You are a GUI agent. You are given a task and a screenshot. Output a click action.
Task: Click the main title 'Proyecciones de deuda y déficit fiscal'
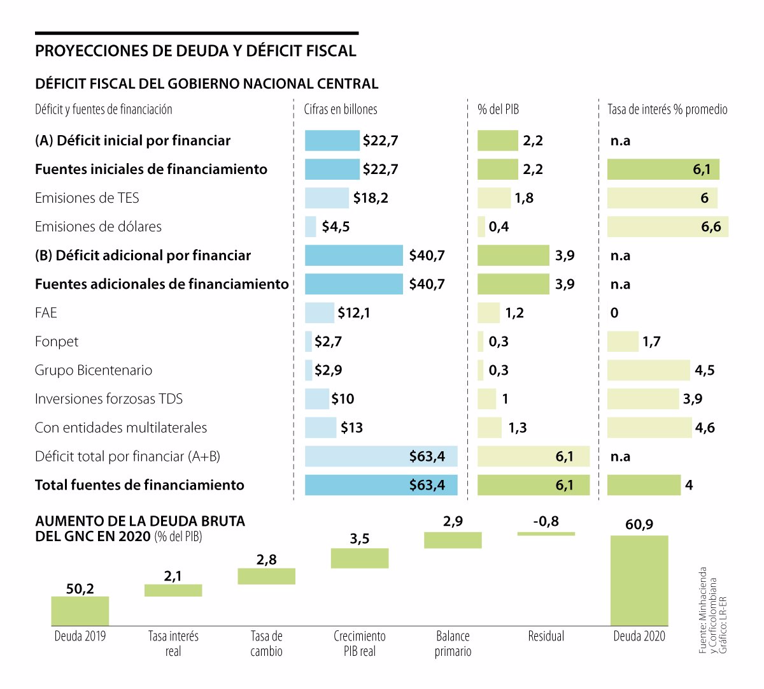tap(195, 51)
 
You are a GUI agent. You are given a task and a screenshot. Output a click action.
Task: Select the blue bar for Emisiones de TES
tap(327, 198)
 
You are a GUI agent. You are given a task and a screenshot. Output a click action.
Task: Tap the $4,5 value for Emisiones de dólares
tap(336, 227)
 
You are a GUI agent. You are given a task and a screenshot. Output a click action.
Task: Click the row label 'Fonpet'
tap(57, 342)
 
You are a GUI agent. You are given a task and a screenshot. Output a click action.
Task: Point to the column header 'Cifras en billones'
tap(341, 110)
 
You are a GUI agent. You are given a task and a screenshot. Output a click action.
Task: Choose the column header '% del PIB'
tap(498, 110)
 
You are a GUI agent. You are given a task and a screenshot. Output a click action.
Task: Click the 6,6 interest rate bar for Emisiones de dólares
tap(667, 227)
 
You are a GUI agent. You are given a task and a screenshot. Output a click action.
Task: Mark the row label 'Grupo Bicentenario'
tap(94, 370)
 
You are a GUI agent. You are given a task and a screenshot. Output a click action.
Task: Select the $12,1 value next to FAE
tap(353, 313)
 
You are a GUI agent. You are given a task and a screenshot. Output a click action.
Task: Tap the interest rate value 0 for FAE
tap(614, 313)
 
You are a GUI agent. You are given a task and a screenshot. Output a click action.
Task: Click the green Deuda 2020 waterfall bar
tap(639, 580)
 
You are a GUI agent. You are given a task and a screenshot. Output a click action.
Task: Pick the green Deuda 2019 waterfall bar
tap(80, 611)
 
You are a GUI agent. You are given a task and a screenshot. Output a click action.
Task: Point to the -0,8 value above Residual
tap(546, 521)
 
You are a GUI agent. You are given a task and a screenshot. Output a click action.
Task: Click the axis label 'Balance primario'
tap(453, 644)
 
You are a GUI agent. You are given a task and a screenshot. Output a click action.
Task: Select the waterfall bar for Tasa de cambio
tap(266, 576)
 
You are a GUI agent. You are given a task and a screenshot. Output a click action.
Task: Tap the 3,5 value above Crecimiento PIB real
tap(360, 539)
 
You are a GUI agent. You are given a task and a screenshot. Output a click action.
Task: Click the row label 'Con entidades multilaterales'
tap(121, 428)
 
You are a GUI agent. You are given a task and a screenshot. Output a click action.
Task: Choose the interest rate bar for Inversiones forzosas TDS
tap(643, 399)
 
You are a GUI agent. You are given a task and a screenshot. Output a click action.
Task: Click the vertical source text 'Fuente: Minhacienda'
tap(703, 610)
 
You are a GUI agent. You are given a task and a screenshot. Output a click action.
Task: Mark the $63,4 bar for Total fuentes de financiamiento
tap(381, 485)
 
